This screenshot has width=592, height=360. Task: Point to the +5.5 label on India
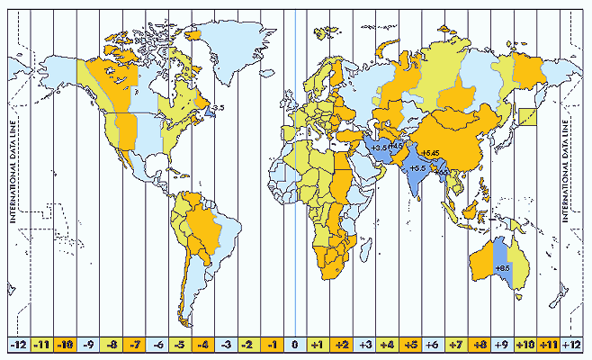[x=417, y=168]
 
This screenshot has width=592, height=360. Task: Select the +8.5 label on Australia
[x=504, y=268]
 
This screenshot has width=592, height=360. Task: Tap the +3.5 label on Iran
[x=379, y=147]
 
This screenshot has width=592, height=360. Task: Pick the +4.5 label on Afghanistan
[x=397, y=146]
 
